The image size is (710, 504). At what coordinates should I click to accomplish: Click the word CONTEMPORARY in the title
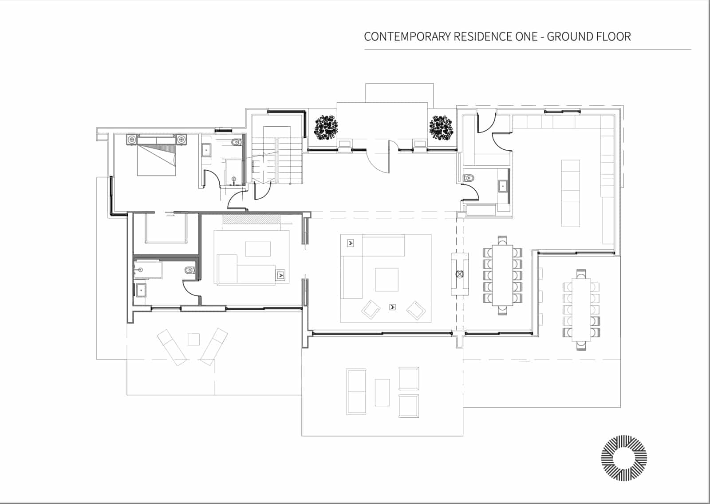click(x=407, y=36)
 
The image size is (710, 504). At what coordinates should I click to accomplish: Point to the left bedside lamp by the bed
click(x=131, y=140)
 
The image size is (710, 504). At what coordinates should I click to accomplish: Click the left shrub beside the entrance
click(x=326, y=127)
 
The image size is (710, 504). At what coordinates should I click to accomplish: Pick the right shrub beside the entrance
click(x=441, y=127)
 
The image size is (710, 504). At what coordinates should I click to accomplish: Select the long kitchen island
click(x=570, y=193)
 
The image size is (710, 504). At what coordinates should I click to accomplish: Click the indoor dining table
click(x=502, y=276)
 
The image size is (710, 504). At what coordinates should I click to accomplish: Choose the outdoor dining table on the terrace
click(x=581, y=309)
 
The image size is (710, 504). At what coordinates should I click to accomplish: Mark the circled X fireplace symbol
click(x=459, y=274)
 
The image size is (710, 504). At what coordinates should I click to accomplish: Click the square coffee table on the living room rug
click(x=387, y=280)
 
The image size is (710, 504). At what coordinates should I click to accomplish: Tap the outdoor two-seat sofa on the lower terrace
click(x=356, y=392)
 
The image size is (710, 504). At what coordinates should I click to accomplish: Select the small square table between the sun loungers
click(x=193, y=339)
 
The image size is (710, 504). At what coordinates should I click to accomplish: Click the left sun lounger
click(x=172, y=348)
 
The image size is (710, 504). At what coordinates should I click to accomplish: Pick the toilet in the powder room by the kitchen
click(x=469, y=178)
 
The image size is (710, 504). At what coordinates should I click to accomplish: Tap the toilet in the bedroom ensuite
click(x=237, y=143)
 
